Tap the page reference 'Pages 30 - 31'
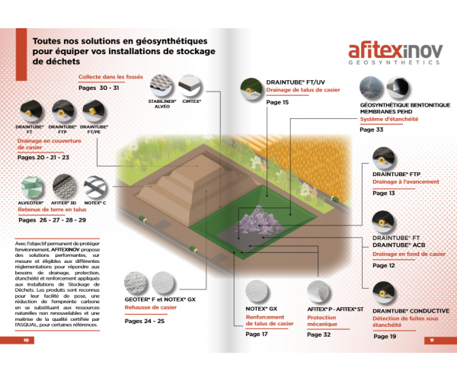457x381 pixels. (99, 88)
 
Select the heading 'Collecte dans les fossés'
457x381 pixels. (111, 77)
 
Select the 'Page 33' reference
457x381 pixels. (372, 130)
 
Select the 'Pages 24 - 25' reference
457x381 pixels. (145, 321)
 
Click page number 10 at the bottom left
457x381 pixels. (27, 340)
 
